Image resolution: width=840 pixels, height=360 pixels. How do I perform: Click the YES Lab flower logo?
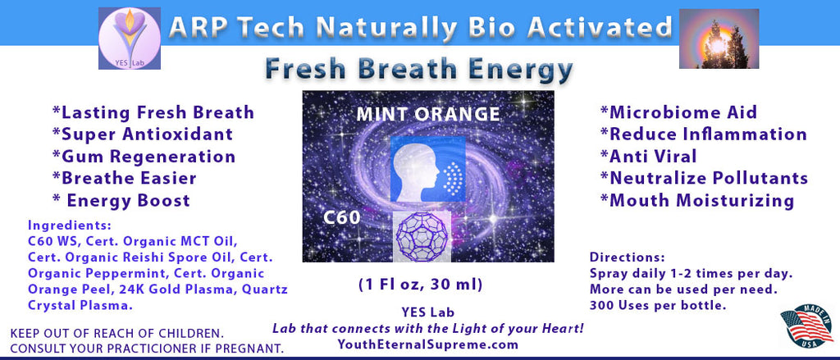click(129, 38)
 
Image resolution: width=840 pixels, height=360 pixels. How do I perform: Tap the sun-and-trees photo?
click(719, 39)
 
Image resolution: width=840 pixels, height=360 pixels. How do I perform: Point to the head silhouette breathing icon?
click(427, 169)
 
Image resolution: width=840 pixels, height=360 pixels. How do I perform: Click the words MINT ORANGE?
click(428, 114)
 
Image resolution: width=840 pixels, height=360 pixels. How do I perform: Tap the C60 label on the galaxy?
click(341, 217)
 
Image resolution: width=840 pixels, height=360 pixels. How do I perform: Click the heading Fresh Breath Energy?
click(419, 71)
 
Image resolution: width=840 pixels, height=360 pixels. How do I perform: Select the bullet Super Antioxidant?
click(143, 134)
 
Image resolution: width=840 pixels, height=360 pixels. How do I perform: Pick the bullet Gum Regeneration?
click(144, 157)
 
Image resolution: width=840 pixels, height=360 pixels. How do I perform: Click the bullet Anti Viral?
click(648, 157)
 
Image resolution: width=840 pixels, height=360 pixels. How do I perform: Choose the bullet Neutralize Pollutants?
click(704, 179)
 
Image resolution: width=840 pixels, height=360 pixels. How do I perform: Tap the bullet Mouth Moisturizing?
click(697, 200)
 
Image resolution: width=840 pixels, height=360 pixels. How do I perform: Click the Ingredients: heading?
click(70, 226)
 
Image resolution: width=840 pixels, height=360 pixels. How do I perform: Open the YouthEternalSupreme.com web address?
click(428, 344)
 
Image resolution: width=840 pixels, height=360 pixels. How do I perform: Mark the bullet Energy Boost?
click(121, 200)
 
